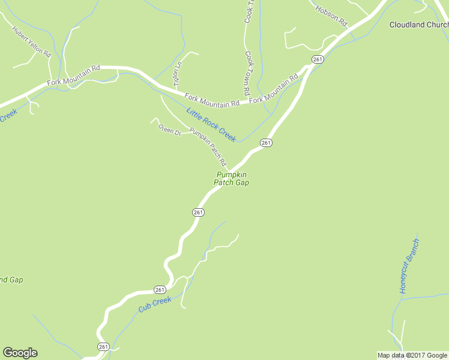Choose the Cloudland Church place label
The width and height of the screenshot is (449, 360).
click(418, 25)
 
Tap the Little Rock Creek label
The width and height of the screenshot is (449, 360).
click(211, 124)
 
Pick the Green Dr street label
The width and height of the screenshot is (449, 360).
click(169, 129)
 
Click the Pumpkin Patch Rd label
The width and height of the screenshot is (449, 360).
click(208, 147)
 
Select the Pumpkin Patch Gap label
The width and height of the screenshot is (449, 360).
click(231, 178)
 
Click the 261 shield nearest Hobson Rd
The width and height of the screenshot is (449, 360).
click(318, 59)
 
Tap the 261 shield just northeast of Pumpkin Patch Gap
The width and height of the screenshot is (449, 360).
click(267, 142)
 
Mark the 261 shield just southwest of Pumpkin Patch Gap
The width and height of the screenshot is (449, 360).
click(199, 212)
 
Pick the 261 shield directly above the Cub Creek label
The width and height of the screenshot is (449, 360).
click(159, 289)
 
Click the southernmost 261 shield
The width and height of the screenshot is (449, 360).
click(103, 347)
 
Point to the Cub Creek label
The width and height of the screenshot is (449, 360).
click(155, 304)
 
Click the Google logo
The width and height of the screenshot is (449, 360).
click(20, 353)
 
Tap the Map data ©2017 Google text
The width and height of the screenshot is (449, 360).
click(412, 355)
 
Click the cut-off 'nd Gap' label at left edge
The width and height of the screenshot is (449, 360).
click(11, 280)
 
